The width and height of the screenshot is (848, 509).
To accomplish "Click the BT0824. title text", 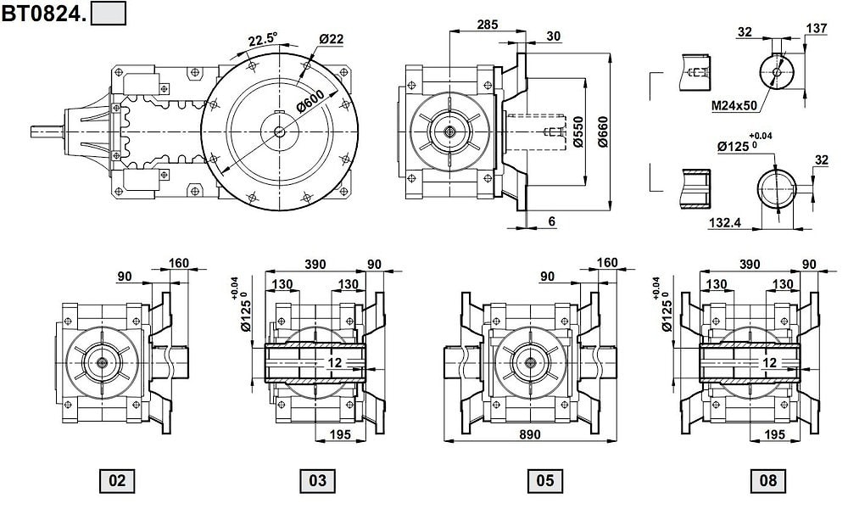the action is click(x=44, y=14).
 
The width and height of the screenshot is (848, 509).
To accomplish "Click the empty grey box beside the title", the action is click(x=109, y=14).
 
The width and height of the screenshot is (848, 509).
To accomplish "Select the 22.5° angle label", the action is click(x=263, y=40).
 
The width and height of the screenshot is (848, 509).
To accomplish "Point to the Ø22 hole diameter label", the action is click(x=331, y=39).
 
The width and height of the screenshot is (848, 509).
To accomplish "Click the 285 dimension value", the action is click(x=488, y=25).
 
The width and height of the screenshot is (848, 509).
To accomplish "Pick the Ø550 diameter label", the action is click(x=577, y=131).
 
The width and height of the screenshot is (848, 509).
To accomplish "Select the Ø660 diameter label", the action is click(x=602, y=131).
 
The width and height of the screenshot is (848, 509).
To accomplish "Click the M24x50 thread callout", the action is click(x=734, y=105).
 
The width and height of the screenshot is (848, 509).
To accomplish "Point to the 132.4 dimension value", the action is click(x=725, y=221).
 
